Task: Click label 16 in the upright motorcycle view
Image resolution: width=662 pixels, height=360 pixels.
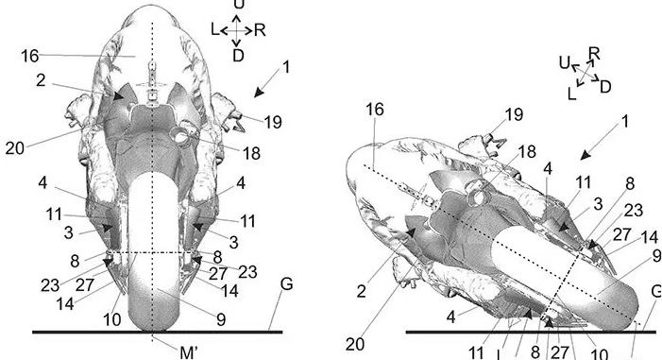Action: tap(30, 56)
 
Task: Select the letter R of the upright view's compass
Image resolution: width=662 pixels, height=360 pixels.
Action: tap(260, 30)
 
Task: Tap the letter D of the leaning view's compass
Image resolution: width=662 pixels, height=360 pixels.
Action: tap(605, 87)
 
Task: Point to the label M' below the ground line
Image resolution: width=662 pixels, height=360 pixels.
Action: tap(188, 352)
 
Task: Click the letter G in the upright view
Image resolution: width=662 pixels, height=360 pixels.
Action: tap(286, 284)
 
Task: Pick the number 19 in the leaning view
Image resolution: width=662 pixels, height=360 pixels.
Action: tap(515, 114)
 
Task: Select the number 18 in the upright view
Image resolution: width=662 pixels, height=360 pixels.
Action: tap(251, 153)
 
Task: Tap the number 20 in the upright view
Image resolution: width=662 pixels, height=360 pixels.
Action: tap(15, 148)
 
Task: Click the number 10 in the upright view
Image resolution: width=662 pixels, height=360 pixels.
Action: tap(112, 320)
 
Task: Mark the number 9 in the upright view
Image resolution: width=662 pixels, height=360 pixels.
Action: tap(221, 319)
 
